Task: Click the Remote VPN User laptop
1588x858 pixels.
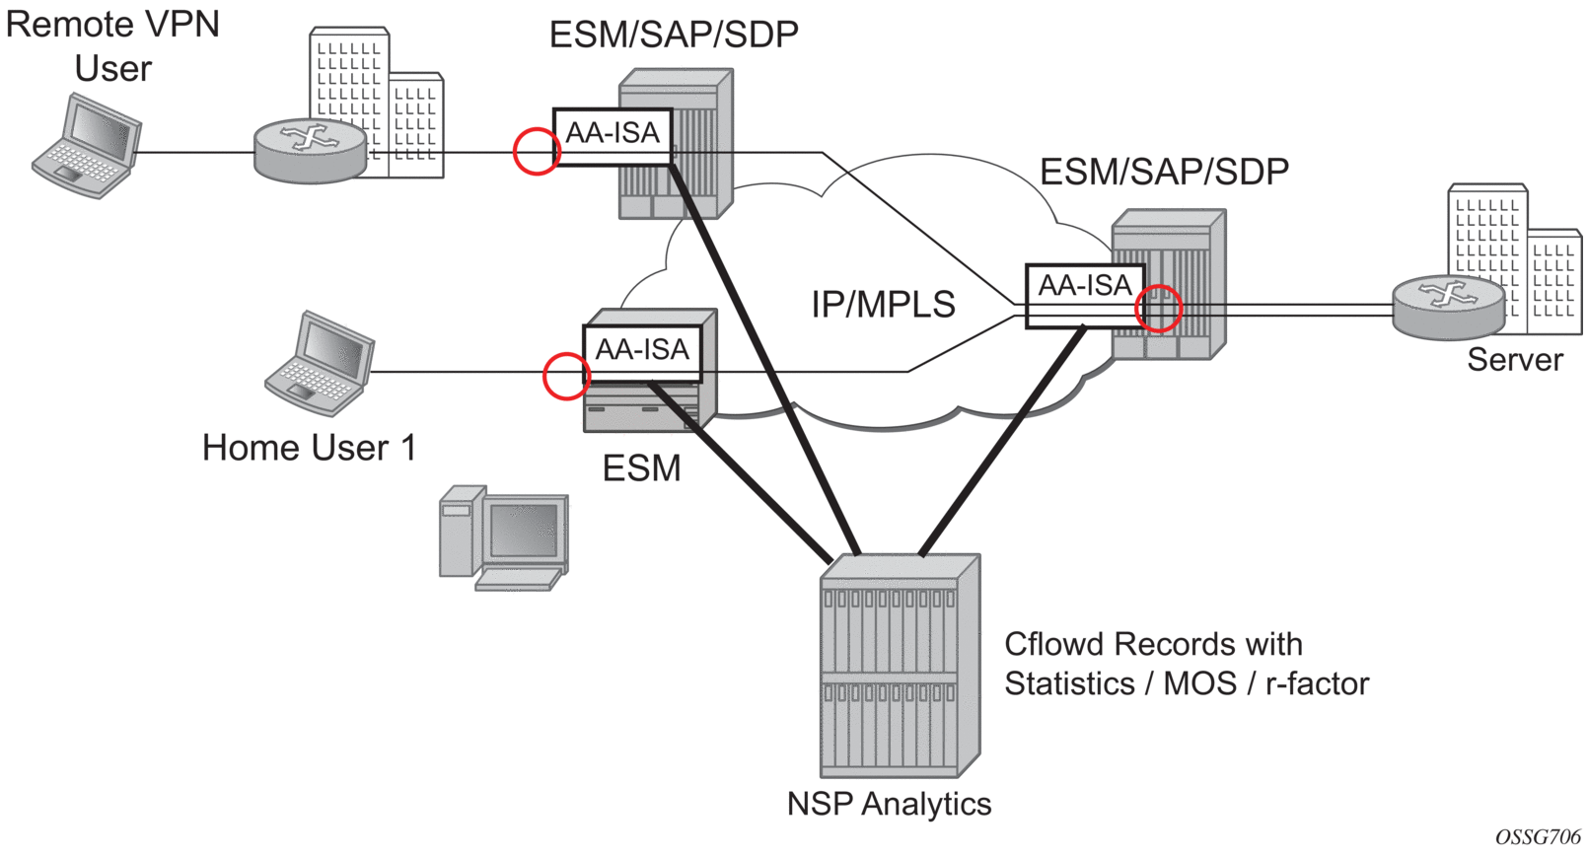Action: point(88,146)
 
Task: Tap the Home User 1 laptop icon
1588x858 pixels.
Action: point(320,362)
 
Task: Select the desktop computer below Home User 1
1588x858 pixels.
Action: point(504,537)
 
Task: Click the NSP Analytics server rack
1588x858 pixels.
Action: point(899,666)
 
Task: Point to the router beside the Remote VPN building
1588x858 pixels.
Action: point(310,151)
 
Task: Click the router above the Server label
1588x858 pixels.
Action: point(1448,307)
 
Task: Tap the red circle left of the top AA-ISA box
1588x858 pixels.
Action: point(538,152)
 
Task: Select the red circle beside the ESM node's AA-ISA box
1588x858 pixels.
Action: point(566,376)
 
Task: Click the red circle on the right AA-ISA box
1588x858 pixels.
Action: point(1158,309)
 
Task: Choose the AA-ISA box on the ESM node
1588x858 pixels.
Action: point(642,352)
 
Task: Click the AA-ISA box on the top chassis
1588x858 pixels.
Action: point(613,135)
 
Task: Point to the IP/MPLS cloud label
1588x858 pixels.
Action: point(883,304)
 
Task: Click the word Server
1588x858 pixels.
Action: point(1514,360)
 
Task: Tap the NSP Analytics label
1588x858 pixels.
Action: point(889,804)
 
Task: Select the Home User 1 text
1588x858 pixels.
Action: point(309,448)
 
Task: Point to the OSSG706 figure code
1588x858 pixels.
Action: point(1538,836)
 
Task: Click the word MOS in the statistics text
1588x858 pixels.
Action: point(1199,683)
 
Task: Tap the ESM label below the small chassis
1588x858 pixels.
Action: point(641,467)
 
